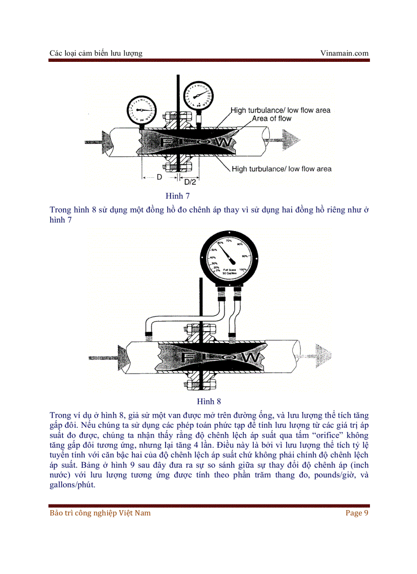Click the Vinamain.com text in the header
pos(344,53)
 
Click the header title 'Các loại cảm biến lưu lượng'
pos(96,53)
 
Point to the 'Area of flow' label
pos(271,119)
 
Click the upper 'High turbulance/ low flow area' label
pos(280,110)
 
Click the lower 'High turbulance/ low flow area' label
pos(282,169)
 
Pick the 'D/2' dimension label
pos(190,182)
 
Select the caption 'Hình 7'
pos(177,196)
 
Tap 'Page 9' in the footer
pos(357,513)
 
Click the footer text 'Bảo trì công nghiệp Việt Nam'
pos(100,513)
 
